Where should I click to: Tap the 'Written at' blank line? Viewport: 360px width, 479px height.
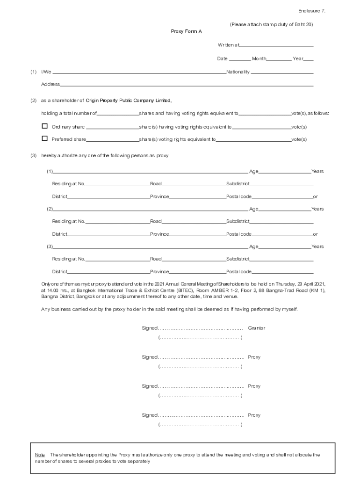click(x=276, y=45)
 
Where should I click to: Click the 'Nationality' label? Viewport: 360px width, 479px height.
click(x=238, y=72)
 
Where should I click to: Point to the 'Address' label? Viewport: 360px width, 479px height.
click(x=50, y=84)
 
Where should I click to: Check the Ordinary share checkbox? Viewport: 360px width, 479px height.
click(x=45, y=126)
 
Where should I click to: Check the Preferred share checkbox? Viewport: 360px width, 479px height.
click(x=45, y=138)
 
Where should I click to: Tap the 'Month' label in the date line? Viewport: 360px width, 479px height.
click(x=259, y=59)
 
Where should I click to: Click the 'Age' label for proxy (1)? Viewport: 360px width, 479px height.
click(x=253, y=171)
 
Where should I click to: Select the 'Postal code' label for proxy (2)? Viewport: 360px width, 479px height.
click(x=238, y=234)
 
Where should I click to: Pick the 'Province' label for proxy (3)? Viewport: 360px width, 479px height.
click(x=159, y=271)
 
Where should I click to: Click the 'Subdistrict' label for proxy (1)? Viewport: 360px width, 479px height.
click(x=238, y=184)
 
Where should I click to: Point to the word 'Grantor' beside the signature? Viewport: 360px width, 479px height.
click(x=256, y=328)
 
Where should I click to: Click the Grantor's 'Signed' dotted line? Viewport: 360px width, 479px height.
click(x=200, y=328)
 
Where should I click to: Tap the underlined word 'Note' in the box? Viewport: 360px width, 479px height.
click(x=40, y=455)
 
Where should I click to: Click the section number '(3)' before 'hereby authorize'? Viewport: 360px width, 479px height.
click(x=34, y=156)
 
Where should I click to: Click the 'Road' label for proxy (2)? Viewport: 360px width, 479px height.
click(x=156, y=221)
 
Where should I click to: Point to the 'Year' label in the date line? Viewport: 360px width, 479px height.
click(x=298, y=59)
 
